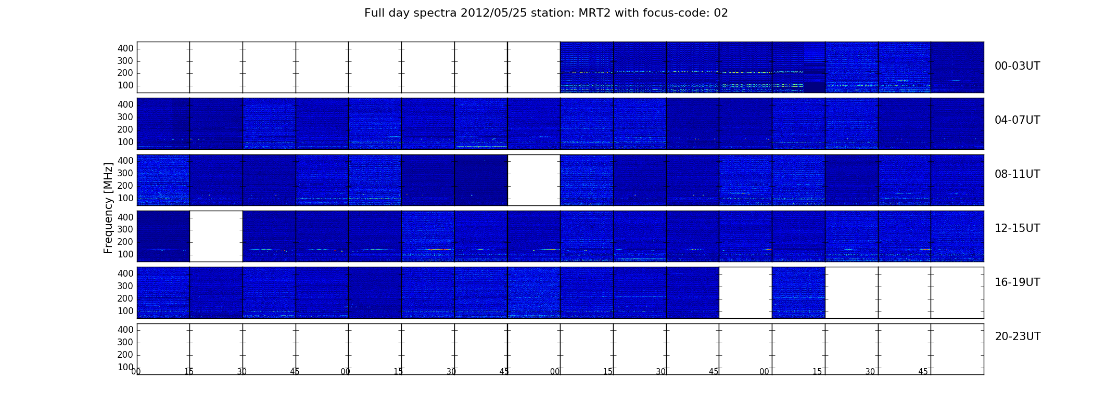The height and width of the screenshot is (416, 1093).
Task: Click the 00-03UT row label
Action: [x=1017, y=66]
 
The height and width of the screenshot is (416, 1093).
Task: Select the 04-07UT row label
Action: [x=1017, y=120]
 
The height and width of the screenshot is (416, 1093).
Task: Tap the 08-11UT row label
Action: [x=1017, y=174]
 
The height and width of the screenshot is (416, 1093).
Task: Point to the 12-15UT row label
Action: [x=1017, y=228]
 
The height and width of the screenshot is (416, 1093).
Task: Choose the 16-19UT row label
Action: [x=1017, y=282]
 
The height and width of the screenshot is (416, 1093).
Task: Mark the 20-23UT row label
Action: [x=1018, y=336]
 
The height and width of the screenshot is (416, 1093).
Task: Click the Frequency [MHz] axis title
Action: [x=108, y=208]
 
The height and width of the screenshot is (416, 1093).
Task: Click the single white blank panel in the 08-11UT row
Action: [x=533, y=180]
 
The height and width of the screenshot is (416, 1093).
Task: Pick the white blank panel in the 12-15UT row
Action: [x=216, y=236]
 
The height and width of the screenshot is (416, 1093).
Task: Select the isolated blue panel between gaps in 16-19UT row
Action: [x=798, y=292]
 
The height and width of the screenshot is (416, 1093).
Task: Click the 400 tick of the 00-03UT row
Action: [x=125, y=48]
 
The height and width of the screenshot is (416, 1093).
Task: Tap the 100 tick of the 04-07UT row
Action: [x=125, y=142]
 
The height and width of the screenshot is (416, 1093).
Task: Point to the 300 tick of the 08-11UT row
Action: [x=125, y=173]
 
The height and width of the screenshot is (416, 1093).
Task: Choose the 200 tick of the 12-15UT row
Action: [x=125, y=242]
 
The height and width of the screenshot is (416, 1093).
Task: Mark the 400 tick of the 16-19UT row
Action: [x=125, y=274]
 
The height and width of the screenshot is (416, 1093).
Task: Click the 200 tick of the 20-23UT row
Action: [x=125, y=355]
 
